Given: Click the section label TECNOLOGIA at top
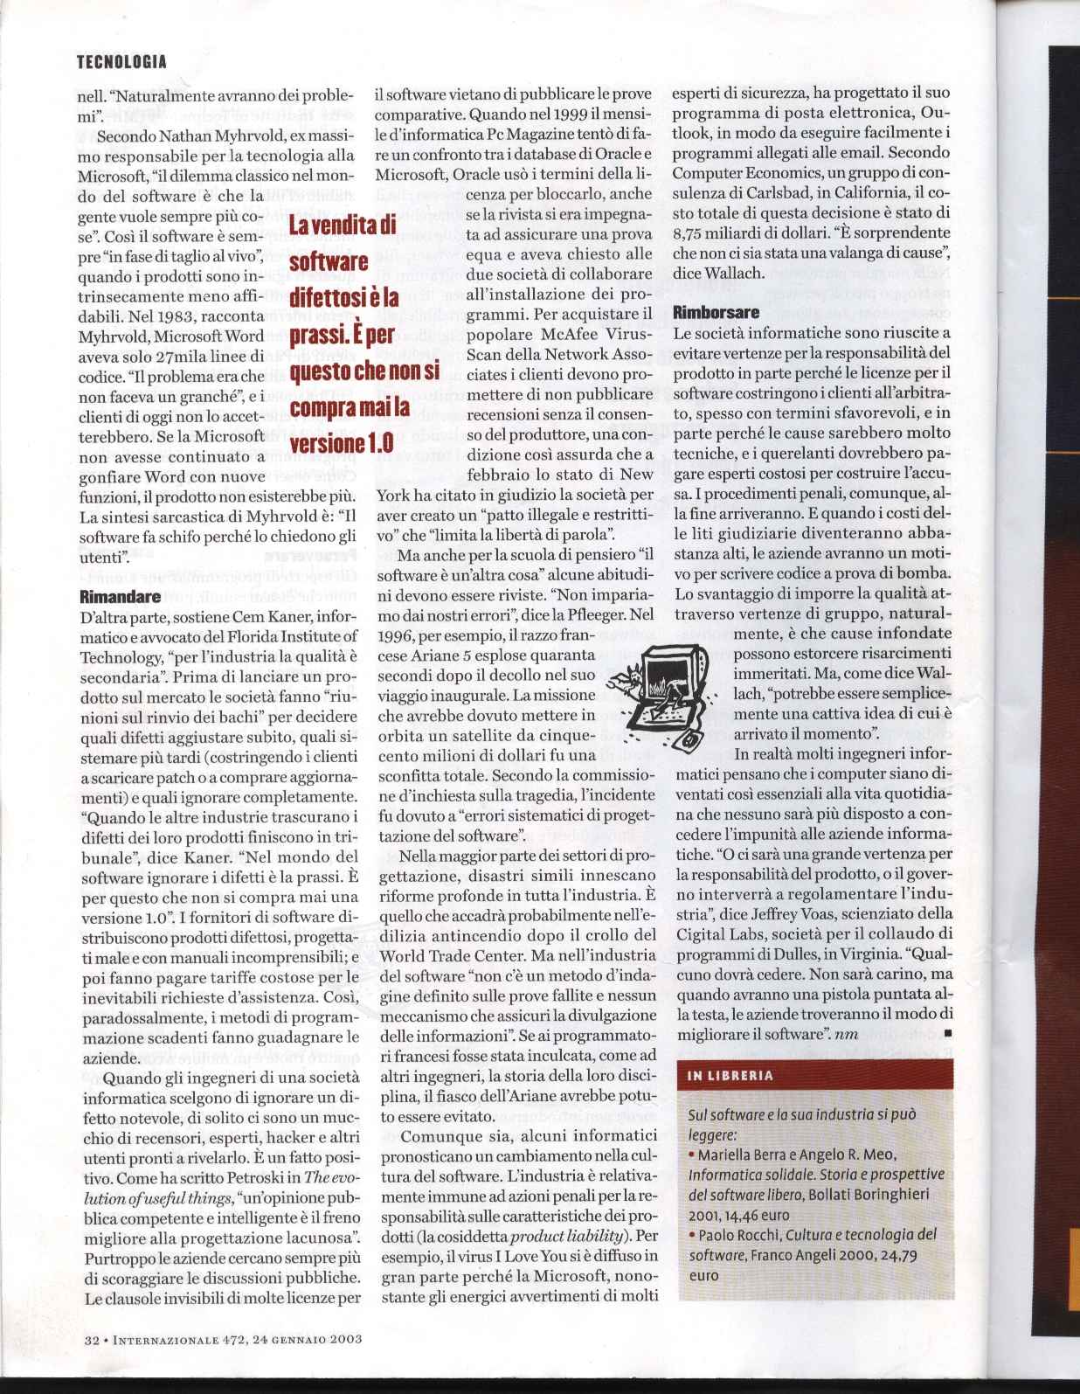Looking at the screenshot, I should pos(121,61).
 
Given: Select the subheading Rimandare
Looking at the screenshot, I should pos(120,598).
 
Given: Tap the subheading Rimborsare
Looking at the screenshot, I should pos(717,312).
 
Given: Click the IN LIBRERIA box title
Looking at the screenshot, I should pos(730,1076).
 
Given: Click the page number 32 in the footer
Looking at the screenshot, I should pos(92,1338).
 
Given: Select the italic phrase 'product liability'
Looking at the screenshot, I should pos(567,1237).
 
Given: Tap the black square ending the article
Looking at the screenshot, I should pos(948,1035).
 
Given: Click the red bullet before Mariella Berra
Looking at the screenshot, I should pos(691,1155).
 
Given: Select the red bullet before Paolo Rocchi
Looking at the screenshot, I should pos(691,1235).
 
